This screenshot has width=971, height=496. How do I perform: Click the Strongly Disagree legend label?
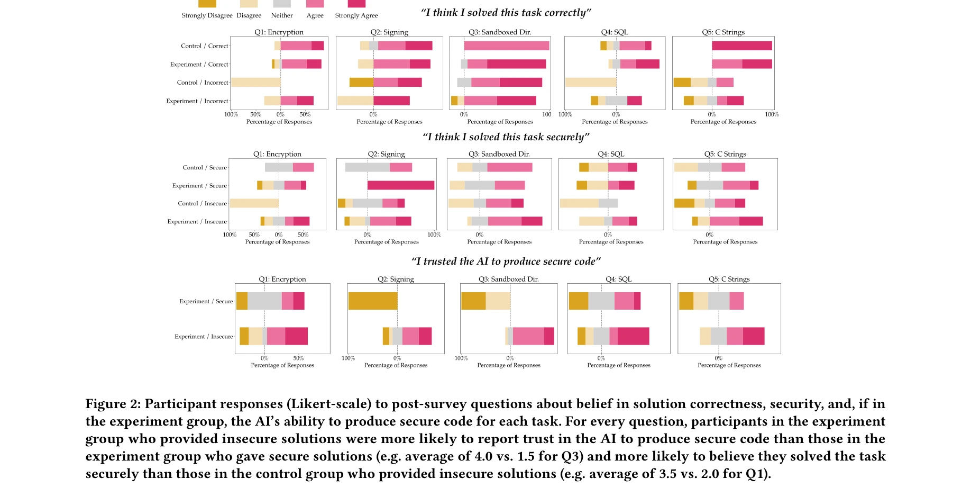coord(207,15)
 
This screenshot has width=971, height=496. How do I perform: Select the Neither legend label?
coord(282,15)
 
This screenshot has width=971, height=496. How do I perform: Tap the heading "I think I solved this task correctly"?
coord(506,13)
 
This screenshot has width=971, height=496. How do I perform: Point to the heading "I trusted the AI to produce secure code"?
coord(506,261)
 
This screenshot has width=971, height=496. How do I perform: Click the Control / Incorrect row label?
coord(202,83)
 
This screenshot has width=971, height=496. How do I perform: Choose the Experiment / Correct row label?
coord(199,65)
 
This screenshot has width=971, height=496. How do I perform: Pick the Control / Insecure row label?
coord(202,203)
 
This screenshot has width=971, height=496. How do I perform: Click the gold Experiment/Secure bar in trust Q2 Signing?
coord(372,301)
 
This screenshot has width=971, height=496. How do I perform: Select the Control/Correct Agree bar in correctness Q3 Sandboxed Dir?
coord(506,46)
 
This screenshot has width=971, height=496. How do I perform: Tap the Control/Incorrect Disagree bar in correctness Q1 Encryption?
coord(256,83)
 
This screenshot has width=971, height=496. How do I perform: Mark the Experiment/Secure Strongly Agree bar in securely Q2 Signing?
coord(400,185)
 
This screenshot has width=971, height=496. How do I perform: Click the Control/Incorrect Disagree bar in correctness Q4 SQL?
coord(590,83)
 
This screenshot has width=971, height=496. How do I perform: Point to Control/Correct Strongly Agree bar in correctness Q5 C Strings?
coord(741,46)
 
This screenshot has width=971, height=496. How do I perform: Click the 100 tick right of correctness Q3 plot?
coord(546,114)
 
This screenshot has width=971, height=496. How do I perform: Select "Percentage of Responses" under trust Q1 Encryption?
coord(282,365)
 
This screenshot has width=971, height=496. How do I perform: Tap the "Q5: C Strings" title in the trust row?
coord(729,279)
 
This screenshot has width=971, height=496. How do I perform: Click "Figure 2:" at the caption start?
coord(113,404)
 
